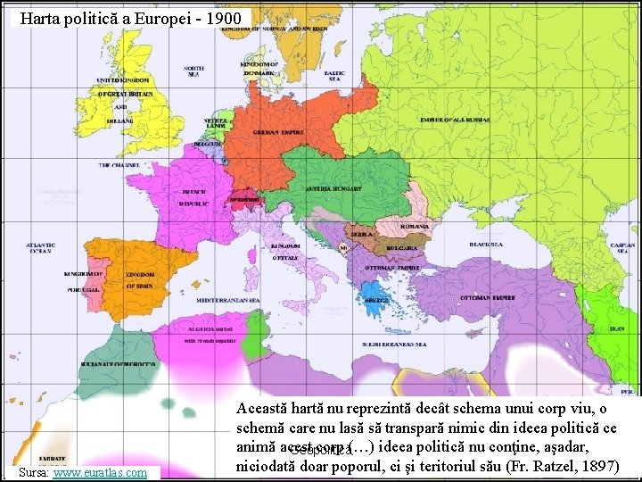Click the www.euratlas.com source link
click(100, 472)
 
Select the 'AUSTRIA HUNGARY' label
click(333, 189)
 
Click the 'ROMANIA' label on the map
click(416, 226)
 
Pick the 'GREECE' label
click(376, 300)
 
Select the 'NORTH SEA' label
click(193, 71)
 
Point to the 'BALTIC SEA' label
click(334, 76)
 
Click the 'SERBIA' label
click(360, 233)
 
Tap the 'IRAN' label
click(616, 328)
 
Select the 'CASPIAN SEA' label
click(622, 247)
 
